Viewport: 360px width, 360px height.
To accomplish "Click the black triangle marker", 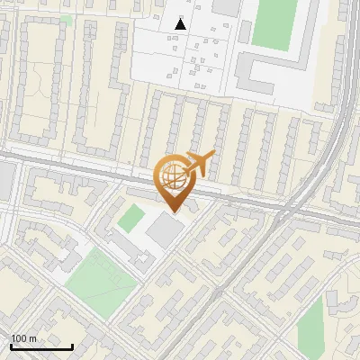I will pos(181,24).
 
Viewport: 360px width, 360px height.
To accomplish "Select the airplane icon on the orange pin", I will pos(199,163).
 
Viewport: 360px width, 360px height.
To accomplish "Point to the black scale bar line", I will pos(41,346).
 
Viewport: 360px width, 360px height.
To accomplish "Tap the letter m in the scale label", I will pos(33,338).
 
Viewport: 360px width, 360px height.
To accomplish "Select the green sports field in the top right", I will pos(274,23).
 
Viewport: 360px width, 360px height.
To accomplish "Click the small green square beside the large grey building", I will pos(131,217).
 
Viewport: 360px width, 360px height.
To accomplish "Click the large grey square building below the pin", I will pos(165,230).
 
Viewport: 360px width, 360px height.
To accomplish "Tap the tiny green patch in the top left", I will pos(67,20).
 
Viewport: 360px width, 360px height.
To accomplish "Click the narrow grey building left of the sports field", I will pos(245,27).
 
